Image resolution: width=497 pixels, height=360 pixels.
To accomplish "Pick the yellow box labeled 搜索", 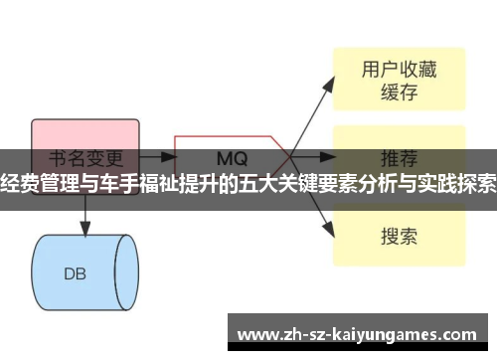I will [398, 237].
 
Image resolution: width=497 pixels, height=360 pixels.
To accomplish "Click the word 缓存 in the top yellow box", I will [398, 93].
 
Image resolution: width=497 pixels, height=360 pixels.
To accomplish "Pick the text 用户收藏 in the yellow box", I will [398, 69].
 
